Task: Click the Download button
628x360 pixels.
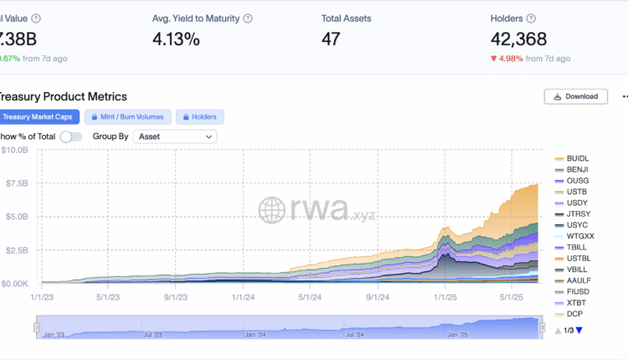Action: [575, 96]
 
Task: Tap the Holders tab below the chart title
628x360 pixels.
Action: [199, 117]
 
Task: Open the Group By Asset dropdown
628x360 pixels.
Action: [175, 136]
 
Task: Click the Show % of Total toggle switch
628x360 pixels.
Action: [71, 136]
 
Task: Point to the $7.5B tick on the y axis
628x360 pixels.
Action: [16, 183]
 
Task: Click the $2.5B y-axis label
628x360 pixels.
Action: [16, 250]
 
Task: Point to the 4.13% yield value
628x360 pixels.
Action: [176, 39]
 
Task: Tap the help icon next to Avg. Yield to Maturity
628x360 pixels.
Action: [248, 18]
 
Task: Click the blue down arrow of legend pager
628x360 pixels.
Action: [578, 330]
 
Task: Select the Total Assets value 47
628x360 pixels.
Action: [332, 39]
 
